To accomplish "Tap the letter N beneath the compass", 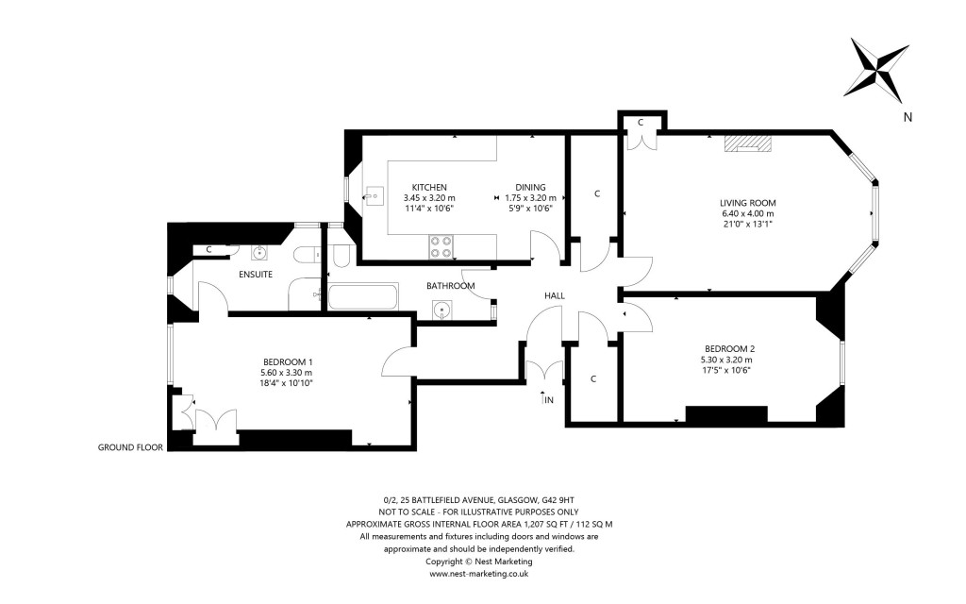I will coord(908,118).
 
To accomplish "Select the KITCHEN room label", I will coord(429,187).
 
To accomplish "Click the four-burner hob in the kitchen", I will coord(441,246).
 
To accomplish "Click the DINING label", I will coord(530,187).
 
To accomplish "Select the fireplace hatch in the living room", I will coord(747,143).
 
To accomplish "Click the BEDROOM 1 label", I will coord(287,361).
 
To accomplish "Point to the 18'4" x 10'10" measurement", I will coord(287,384).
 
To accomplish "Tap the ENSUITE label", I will coord(255,275).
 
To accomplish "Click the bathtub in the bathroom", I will coord(362,298).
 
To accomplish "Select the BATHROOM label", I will coord(450,285).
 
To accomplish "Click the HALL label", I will coord(555,295).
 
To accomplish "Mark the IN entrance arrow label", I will coord(547,400).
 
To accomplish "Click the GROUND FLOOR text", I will coord(130,447).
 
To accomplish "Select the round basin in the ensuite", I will coord(259,252).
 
